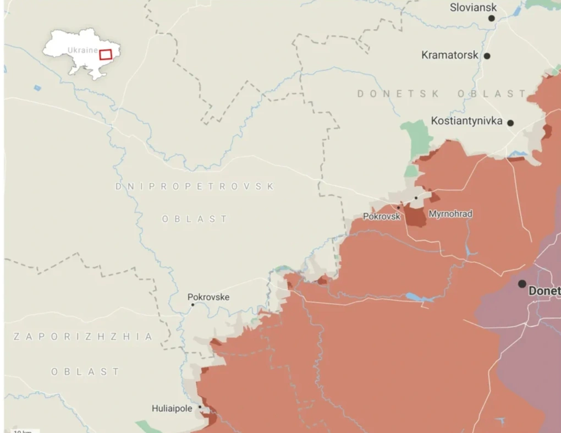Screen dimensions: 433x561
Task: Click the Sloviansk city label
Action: [473, 8]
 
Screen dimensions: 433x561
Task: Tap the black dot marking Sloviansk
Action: [492, 18]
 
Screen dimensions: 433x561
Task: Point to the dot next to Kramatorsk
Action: [487, 56]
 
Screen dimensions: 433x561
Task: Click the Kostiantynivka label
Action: [466, 121]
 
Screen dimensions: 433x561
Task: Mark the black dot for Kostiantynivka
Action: [510, 123]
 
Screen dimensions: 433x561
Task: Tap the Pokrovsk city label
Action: [381, 217]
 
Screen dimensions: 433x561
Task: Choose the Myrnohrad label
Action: [450, 214]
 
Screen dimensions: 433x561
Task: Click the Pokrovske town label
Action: [208, 298]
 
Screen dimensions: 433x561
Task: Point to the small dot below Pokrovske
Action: [193, 305]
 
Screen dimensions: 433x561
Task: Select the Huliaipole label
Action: [173, 409]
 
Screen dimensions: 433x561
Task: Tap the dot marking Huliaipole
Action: [200, 407]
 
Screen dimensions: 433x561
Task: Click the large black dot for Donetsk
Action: [521, 284]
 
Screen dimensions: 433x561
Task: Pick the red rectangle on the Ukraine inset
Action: [106, 54]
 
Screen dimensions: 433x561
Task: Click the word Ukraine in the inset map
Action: [82, 50]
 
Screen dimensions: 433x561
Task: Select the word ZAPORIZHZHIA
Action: [82, 337]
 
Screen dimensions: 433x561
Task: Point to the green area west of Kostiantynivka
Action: [416, 139]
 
